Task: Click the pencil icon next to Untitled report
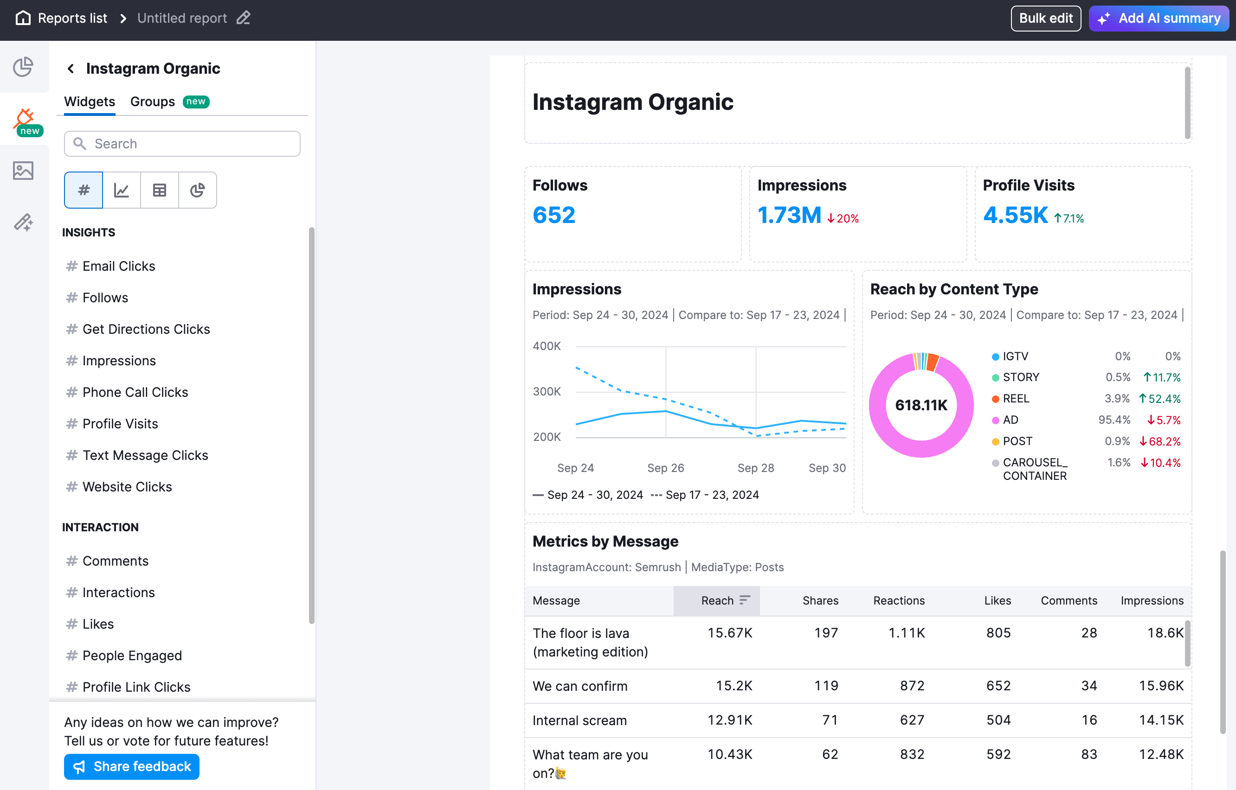click(243, 18)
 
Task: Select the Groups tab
click(153, 102)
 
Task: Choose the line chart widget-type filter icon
click(121, 191)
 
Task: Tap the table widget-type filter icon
click(159, 191)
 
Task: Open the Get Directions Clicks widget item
click(146, 329)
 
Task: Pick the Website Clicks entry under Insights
click(127, 486)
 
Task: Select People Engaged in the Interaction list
click(132, 655)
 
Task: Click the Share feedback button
click(131, 766)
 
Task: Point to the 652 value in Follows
click(554, 215)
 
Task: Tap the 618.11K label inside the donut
click(921, 405)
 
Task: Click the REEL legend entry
click(1015, 399)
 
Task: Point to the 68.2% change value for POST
click(1159, 441)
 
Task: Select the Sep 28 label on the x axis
click(755, 468)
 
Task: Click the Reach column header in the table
click(717, 600)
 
